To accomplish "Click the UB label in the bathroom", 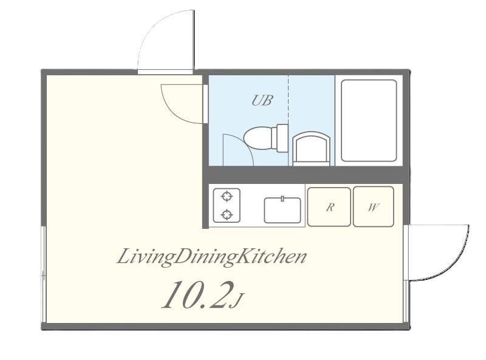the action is point(262,100).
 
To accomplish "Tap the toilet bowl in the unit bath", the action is point(258,138).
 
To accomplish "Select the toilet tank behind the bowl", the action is point(282,138).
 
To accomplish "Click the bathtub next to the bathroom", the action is point(369,121).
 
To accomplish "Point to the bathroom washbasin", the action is point(311,149).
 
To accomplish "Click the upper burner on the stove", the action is point(227,196).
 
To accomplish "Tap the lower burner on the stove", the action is point(227,214).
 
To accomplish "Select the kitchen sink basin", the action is point(282,210).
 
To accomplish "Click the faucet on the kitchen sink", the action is point(282,199).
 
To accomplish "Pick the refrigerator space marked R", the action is point(329,206).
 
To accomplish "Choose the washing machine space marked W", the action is point(374,206).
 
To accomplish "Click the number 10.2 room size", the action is point(197,295).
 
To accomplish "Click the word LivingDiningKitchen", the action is point(211,257).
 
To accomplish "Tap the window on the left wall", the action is point(44,274).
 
